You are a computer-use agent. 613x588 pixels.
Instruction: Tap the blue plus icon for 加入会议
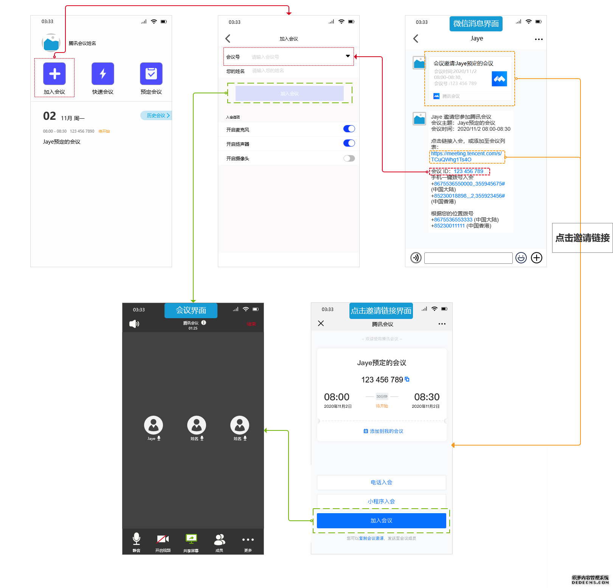click(x=54, y=74)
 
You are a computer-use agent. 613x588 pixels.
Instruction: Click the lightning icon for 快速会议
click(x=103, y=74)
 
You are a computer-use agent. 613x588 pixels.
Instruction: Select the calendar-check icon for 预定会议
click(x=151, y=74)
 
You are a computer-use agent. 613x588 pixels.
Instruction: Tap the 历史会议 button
click(x=156, y=115)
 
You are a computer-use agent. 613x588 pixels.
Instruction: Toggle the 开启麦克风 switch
click(x=349, y=129)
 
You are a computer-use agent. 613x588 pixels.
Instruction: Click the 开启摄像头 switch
click(x=349, y=158)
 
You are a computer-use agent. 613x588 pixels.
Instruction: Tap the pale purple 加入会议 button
click(x=289, y=93)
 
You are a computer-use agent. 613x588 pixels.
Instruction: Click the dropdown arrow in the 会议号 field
click(x=348, y=56)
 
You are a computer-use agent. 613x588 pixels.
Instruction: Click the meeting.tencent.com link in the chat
click(x=467, y=156)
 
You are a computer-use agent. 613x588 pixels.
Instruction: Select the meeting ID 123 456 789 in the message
click(x=468, y=171)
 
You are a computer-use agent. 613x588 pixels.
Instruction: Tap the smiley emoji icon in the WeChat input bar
click(x=521, y=258)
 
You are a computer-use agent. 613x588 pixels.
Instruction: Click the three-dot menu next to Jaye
click(x=539, y=39)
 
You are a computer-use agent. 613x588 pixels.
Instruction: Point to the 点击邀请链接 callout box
click(x=582, y=238)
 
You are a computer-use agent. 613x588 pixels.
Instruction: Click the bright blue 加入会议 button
click(x=381, y=520)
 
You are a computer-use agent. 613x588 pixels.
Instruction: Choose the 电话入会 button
click(x=381, y=482)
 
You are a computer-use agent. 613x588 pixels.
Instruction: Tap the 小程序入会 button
click(x=381, y=501)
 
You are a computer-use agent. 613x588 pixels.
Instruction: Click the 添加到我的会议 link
click(x=383, y=431)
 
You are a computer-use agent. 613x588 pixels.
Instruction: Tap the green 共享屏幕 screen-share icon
click(x=191, y=538)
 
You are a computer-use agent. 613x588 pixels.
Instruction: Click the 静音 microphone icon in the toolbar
click(x=137, y=538)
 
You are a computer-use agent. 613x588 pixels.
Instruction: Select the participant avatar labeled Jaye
click(x=154, y=425)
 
